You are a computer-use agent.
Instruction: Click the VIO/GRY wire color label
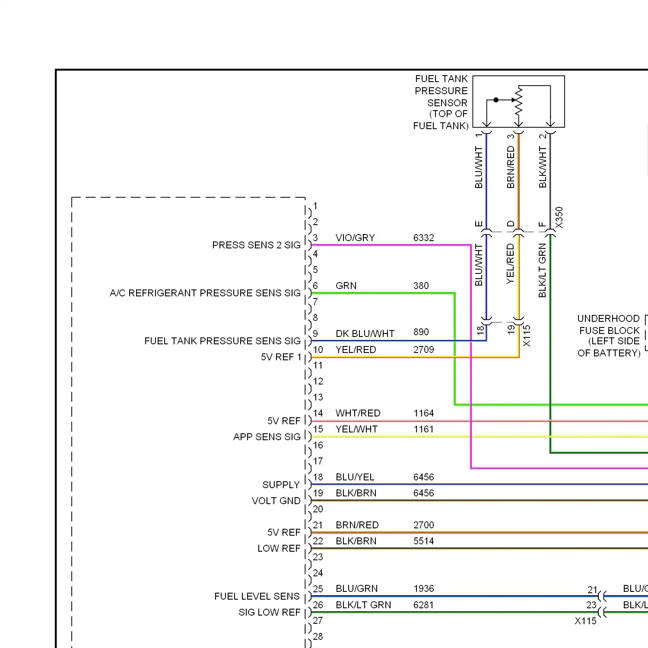pos(355,238)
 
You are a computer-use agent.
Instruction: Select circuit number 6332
pos(423,238)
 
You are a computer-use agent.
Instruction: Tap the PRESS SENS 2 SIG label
pos(256,245)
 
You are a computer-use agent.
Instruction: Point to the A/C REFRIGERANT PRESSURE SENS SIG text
pos(205,293)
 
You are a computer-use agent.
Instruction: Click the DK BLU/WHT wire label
pos(365,334)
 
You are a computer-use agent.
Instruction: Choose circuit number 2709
pos(423,349)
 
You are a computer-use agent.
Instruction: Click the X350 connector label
pos(559,218)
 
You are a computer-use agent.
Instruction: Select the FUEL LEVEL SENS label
pos(257,596)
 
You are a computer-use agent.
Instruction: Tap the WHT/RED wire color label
pos(358,413)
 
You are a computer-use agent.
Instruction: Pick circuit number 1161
pos(423,429)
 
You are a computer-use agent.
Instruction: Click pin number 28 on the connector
pos(318,636)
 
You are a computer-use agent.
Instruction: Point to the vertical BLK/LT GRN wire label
pos(543,270)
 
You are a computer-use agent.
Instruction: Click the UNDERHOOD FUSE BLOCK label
pos(609,336)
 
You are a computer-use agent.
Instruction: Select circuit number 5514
pos(423,541)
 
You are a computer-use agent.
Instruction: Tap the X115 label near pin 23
pos(585,621)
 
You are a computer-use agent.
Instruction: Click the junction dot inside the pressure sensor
pos(496,100)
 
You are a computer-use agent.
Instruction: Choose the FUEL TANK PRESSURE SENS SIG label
pos(222,341)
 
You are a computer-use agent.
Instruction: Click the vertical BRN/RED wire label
pos(511,167)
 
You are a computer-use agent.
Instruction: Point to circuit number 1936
pos(423,588)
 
